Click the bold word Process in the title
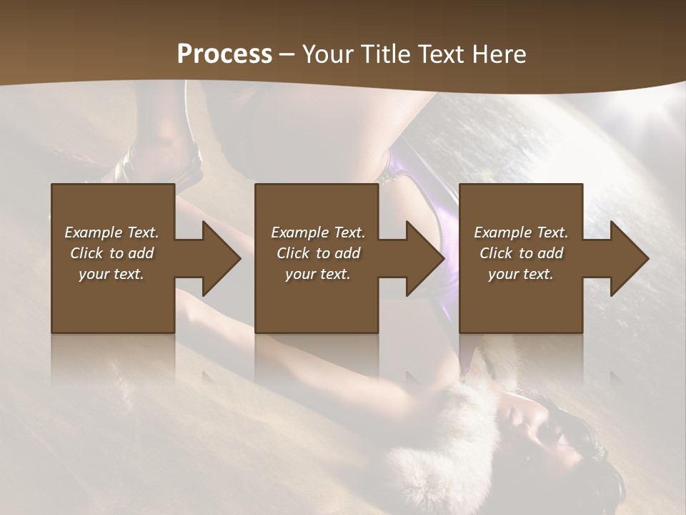(x=224, y=54)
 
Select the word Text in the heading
(x=439, y=54)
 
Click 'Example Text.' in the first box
(x=111, y=232)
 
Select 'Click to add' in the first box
(x=111, y=253)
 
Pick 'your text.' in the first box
(x=111, y=274)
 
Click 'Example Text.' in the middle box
(x=318, y=232)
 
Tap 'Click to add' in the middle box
(x=318, y=253)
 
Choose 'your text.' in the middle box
(x=318, y=274)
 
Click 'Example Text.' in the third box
(x=521, y=232)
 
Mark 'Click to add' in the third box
(x=521, y=253)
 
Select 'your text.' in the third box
(x=521, y=274)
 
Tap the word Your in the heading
(x=326, y=54)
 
